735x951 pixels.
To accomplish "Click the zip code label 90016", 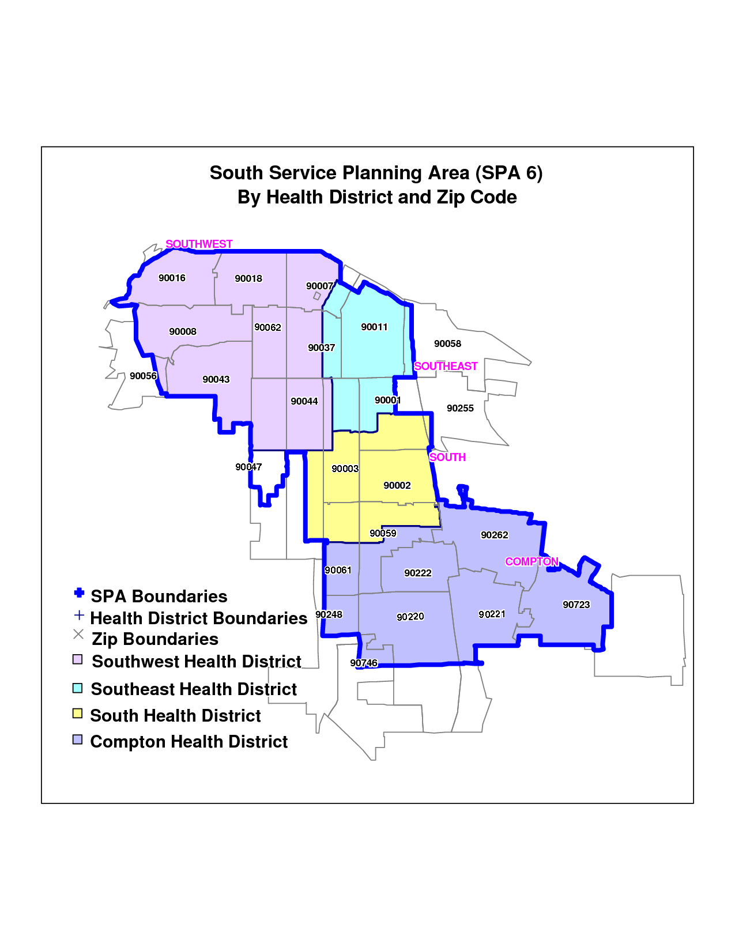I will pyautogui.click(x=172, y=278).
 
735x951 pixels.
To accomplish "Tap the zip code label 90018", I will pyautogui.click(x=248, y=278).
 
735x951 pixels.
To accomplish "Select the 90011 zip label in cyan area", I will pyautogui.click(x=374, y=327).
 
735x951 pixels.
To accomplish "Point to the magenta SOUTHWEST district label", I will pyautogui.click(x=199, y=244).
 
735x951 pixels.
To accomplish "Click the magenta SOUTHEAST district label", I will pyautogui.click(x=446, y=366).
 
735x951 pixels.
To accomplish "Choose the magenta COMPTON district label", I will pyautogui.click(x=532, y=561).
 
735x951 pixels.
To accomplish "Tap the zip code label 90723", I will pyautogui.click(x=576, y=605).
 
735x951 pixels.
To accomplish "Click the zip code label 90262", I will pyautogui.click(x=494, y=535).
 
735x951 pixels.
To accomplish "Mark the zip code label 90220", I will pyautogui.click(x=410, y=617).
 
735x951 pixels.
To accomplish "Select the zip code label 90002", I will pyautogui.click(x=397, y=485).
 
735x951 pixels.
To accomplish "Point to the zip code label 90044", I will pyautogui.click(x=304, y=401).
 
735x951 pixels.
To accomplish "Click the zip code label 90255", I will pyautogui.click(x=460, y=408).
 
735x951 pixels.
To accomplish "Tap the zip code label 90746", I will pyautogui.click(x=363, y=663).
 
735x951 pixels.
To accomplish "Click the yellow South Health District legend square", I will pyautogui.click(x=78, y=714).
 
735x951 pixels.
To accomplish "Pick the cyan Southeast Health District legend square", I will pyautogui.click(x=78, y=688).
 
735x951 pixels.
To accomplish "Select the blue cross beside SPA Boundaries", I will pyautogui.click(x=79, y=593).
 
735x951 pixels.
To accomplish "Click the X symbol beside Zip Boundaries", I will pyautogui.click(x=78, y=635).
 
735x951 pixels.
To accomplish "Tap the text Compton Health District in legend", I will pyautogui.click(x=189, y=742).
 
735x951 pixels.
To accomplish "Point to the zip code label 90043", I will pyautogui.click(x=216, y=379).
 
